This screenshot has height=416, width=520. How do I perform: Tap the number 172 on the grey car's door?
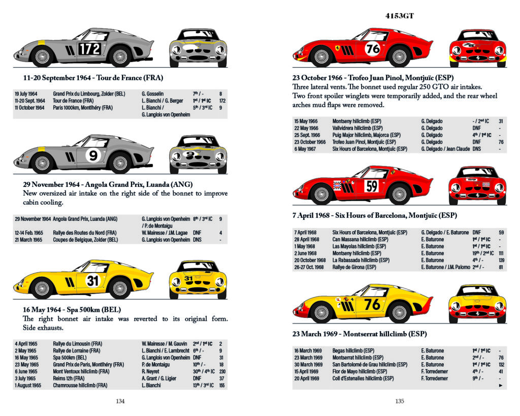tap(89, 49)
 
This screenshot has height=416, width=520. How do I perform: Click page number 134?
tap(120, 401)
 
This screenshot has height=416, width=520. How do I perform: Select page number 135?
tap(399, 401)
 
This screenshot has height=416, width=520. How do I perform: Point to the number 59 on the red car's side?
tap(372, 186)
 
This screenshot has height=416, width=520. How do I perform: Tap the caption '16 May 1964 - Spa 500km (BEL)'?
tap(72, 309)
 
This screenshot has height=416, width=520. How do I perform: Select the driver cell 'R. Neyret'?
tap(151, 371)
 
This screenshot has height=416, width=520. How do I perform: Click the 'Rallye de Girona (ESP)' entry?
tap(354, 267)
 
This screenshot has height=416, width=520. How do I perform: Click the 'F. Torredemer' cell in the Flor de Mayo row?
tap(435, 371)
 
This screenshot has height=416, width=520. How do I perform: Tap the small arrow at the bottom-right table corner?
tap(501, 386)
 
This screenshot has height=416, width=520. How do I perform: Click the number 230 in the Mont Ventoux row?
tap(221, 371)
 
